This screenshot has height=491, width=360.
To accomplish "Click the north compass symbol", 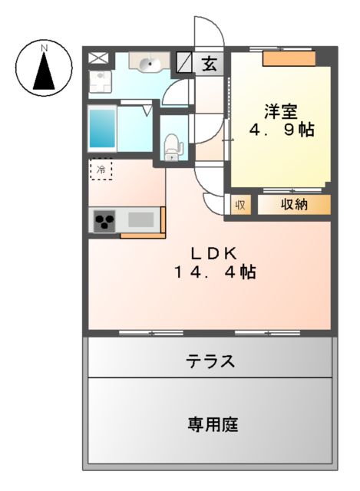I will pyautogui.click(x=45, y=68).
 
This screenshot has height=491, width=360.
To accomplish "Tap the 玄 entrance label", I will pyautogui.click(x=208, y=64).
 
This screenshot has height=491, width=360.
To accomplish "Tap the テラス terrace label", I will pyautogui.click(x=210, y=361).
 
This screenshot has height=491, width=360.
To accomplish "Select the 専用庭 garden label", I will pyautogui.click(x=209, y=423).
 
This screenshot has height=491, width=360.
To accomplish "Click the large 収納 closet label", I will pyautogui.click(x=293, y=205).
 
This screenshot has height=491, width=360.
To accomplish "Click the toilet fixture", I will pyautogui.click(x=171, y=145).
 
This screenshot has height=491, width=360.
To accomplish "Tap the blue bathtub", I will pyautogui.click(x=101, y=128).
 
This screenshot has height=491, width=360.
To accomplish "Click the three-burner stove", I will pyautogui.click(x=104, y=221).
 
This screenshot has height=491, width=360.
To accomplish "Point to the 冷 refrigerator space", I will pyautogui.click(x=101, y=168).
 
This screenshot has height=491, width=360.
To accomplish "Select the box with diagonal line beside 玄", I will pyautogui.click(x=185, y=62).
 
